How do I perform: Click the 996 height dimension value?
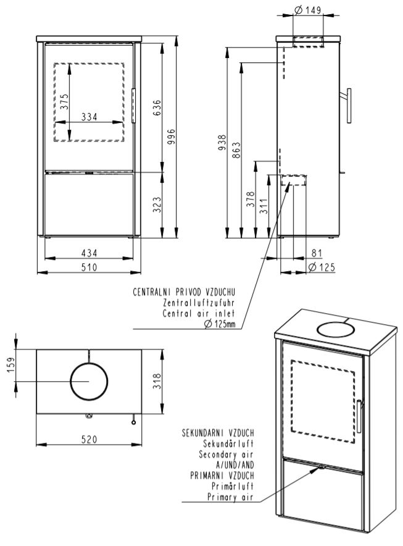[x=172, y=135]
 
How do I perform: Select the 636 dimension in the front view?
[x=157, y=107]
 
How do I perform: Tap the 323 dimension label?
[x=157, y=204]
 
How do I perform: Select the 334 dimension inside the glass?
[x=90, y=117]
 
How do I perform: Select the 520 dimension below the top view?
[x=90, y=438]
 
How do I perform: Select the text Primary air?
[x=231, y=496]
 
